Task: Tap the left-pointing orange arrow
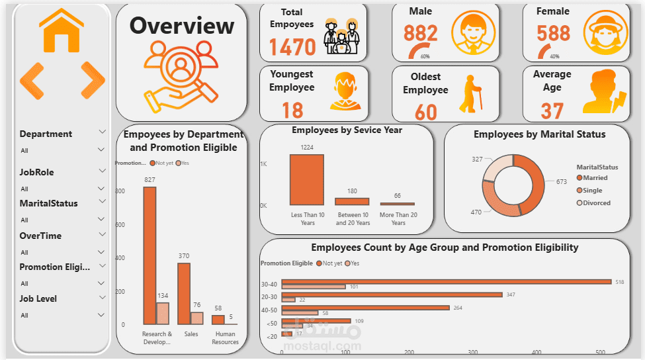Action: pos(32,81)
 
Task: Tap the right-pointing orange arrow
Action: pos(93,81)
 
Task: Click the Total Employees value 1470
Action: pos(292,47)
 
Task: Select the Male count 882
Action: pos(421,33)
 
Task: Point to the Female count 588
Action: pos(553,33)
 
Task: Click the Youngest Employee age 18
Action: pos(292,109)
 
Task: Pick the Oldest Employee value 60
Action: pos(425,111)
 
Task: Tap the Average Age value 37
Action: pos(552,110)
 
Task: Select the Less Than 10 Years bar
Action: pos(307,180)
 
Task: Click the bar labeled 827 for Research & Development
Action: pos(150,255)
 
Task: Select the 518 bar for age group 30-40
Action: pos(446,281)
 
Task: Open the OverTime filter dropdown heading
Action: pos(40,236)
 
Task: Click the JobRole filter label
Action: pos(37,172)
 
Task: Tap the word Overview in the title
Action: pos(181,26)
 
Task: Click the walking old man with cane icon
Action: pos(470,93)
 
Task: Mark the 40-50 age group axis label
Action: pos(269,309)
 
